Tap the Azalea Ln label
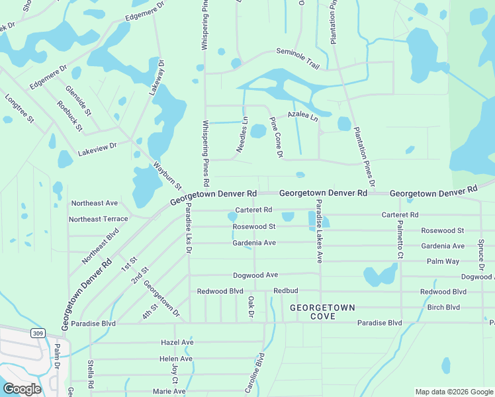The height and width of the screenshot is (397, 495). point(302,116)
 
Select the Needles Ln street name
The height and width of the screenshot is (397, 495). point(243,133)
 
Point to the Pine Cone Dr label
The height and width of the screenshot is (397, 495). point(276,138)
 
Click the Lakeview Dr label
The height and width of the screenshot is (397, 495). point(97,148)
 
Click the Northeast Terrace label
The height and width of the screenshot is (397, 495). point(99,219)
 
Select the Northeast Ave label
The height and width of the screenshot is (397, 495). point(94,203)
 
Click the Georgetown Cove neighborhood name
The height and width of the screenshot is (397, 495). point(322,312)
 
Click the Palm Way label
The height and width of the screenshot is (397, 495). point(443,261)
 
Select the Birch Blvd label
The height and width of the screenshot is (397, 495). point(443,307)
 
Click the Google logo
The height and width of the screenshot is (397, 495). point(22,388)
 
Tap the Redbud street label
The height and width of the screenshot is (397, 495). point(287,291)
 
